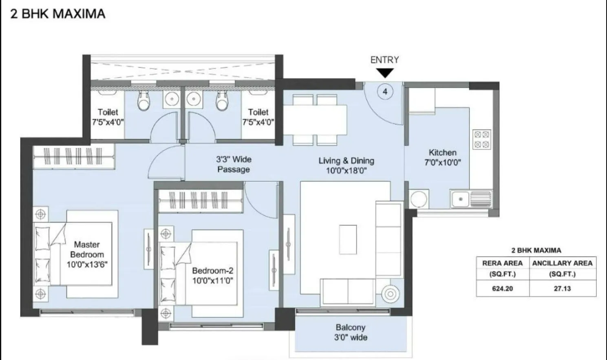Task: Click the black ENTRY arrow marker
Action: [384, 73]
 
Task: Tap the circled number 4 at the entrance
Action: [385, 91]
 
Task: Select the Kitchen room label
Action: [442, 152]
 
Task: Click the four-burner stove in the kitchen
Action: [481, 139]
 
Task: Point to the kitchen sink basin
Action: [461, 199]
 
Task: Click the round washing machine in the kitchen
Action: [418, 199]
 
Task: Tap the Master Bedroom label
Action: [87, 249]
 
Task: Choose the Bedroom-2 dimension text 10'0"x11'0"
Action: [212, 280]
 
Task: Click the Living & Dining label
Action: [346, 161]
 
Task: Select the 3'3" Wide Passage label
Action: [234, 164]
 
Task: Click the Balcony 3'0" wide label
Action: [351, 332]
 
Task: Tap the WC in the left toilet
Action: [143, 102]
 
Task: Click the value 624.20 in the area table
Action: [502, 288]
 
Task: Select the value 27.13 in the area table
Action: [562, 288]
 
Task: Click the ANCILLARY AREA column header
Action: [562, 263]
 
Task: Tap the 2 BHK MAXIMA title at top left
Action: [58, 14]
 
